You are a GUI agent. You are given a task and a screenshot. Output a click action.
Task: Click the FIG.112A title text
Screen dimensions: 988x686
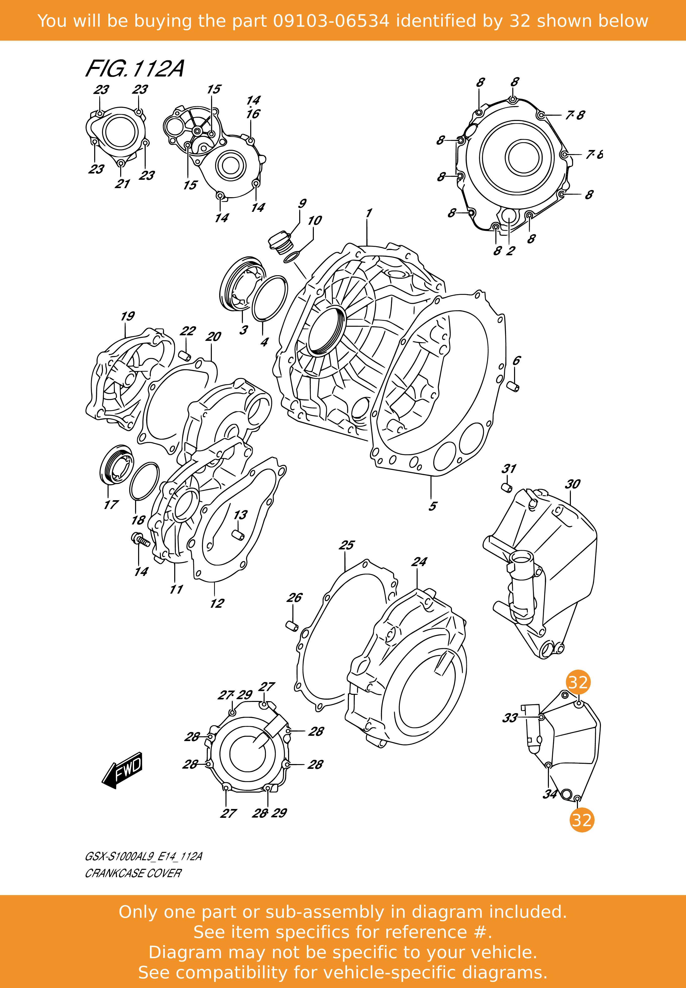[135, 69]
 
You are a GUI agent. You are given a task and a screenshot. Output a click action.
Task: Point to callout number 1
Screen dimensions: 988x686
[369, 213]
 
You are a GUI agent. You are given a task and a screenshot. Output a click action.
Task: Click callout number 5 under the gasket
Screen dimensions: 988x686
[433, 506]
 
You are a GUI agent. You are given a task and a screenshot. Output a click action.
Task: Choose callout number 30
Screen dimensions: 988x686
[573, 484]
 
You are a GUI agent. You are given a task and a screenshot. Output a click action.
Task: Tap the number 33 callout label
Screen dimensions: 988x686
[510, 718]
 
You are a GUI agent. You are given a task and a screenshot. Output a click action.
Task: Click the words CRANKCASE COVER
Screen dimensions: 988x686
[133, 873]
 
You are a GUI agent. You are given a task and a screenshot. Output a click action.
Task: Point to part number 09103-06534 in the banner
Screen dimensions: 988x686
[331, 21]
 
